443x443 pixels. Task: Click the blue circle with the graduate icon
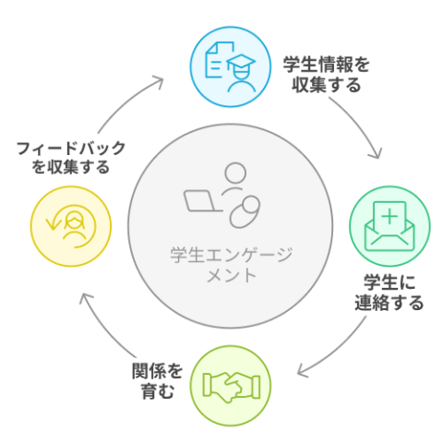click(x=230, y=66)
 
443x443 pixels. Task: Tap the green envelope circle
click(x=389, y=226)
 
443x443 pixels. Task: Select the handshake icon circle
click(x=230, y=386)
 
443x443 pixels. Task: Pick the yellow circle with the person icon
click(x=71, y=226)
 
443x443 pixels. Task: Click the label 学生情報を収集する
click(x=326, y=75)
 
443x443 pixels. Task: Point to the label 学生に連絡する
click(x=389, y=293)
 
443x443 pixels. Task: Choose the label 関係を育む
click(x=158, y=381)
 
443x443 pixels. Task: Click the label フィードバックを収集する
click(x=71, y=158)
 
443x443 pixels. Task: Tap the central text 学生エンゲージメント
click(x=231, y=265)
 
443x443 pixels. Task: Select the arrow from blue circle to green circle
click(x=361, y=123)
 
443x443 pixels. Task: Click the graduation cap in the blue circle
click(x=241, y=62)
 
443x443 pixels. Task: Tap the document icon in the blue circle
click(x=217, y=60)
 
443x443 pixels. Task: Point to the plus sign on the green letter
click(x=389, y=216)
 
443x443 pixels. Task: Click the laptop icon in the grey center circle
click(x=201, y=201)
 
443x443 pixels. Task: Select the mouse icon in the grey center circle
click(x=245, y=212)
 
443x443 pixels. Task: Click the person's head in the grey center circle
click(x=235, y=174)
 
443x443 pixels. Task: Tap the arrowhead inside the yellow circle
click(x=53, y=224)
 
